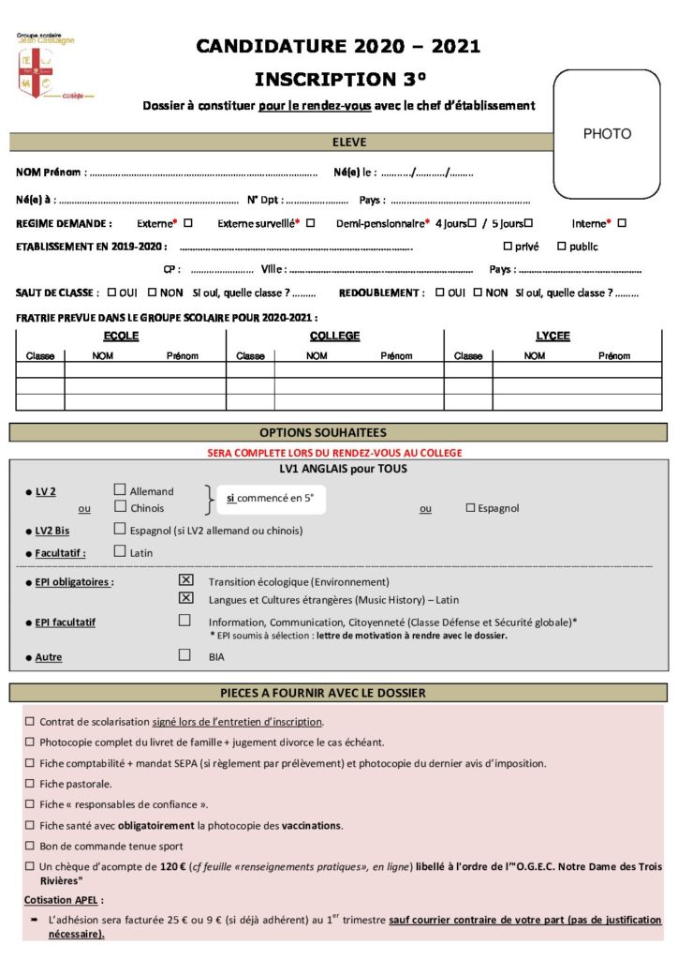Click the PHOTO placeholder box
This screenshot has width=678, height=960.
click(607, 134)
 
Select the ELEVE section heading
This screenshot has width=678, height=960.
click(349, 142)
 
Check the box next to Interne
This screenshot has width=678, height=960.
click(622, 223)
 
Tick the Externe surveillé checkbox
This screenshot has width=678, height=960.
click(310, 223)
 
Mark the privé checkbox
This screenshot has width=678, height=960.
click(508, 247)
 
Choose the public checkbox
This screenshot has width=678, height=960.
click(562, 247)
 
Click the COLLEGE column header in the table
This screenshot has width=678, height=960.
click(334, 337)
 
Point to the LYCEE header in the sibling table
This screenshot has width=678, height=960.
click(553, 337)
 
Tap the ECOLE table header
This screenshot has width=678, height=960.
click(121, 337)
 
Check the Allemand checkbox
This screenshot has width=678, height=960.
click(120, 489)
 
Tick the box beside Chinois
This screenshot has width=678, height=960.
click(120, 507)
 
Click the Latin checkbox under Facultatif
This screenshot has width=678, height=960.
click(120, 551)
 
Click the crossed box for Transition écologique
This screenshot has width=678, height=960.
click(185, 580)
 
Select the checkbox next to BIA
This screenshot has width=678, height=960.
click(185, 656)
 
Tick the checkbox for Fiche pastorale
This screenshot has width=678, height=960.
click(30, 784)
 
